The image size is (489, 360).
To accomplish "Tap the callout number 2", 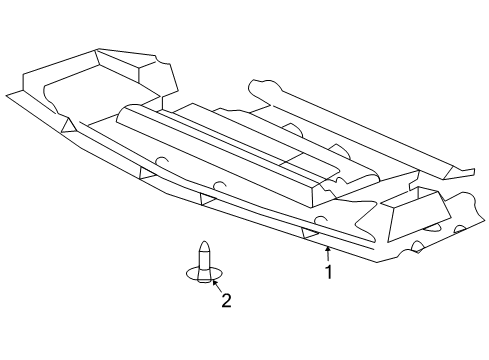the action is tap(226, 299).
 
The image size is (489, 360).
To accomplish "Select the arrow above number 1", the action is tap(327, 251).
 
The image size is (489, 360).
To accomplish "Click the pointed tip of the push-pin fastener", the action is tap(203, 244).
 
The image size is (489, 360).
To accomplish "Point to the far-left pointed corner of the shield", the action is tap(7, 95).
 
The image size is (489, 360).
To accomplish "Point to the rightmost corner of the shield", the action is tap(481, 200).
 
